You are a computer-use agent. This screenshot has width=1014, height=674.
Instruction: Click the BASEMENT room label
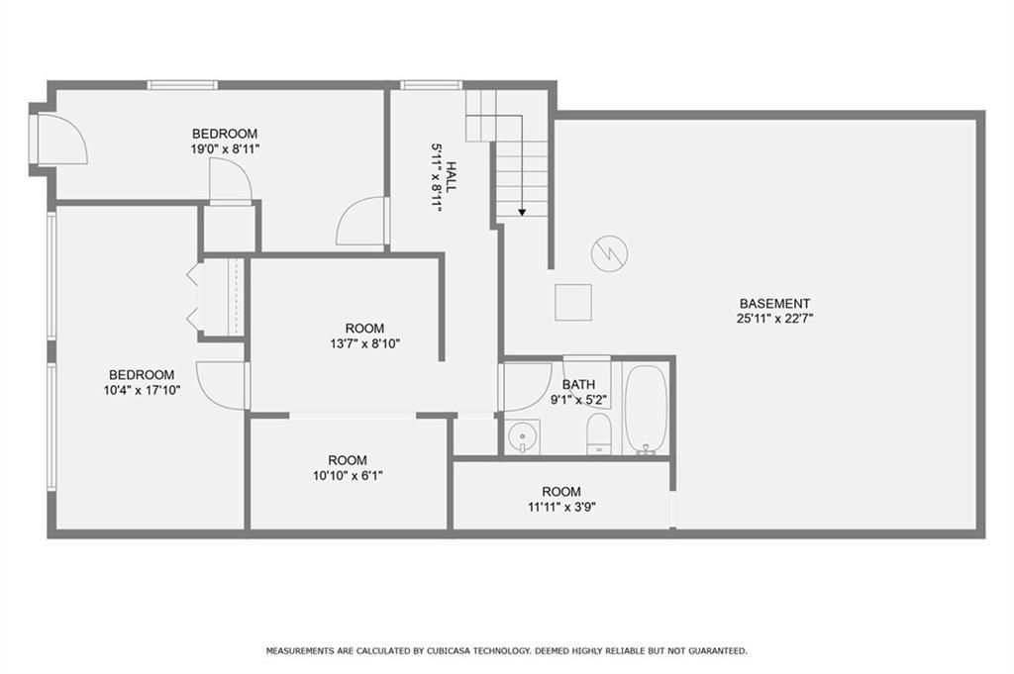[774, 303]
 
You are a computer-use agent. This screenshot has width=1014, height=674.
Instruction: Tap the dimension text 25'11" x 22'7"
[774, 318]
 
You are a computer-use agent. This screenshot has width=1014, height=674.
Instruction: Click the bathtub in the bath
[646, 411]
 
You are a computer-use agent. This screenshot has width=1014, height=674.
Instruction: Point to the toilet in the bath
[599, 433]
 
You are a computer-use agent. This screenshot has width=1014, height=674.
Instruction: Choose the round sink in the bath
[522, 436]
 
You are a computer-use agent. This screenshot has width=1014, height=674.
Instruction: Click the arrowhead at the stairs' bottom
[522, 213]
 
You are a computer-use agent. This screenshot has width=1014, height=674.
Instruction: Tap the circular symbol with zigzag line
[610, 252]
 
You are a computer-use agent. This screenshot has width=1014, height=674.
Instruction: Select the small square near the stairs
[573, 302]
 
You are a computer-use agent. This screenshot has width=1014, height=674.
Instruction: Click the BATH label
[578, 384]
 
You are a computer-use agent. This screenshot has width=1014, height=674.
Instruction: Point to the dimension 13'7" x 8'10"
[364, 343]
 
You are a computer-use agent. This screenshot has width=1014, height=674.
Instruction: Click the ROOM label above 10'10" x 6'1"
[348, 460]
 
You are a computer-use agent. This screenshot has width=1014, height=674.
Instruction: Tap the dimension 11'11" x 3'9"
[561, 508]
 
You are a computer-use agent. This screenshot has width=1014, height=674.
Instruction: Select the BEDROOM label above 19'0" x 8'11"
[225, 134]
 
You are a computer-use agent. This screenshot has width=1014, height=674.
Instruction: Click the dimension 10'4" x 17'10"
[142, 390]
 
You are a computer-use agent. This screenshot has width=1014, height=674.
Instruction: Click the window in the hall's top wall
[432, 85]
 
